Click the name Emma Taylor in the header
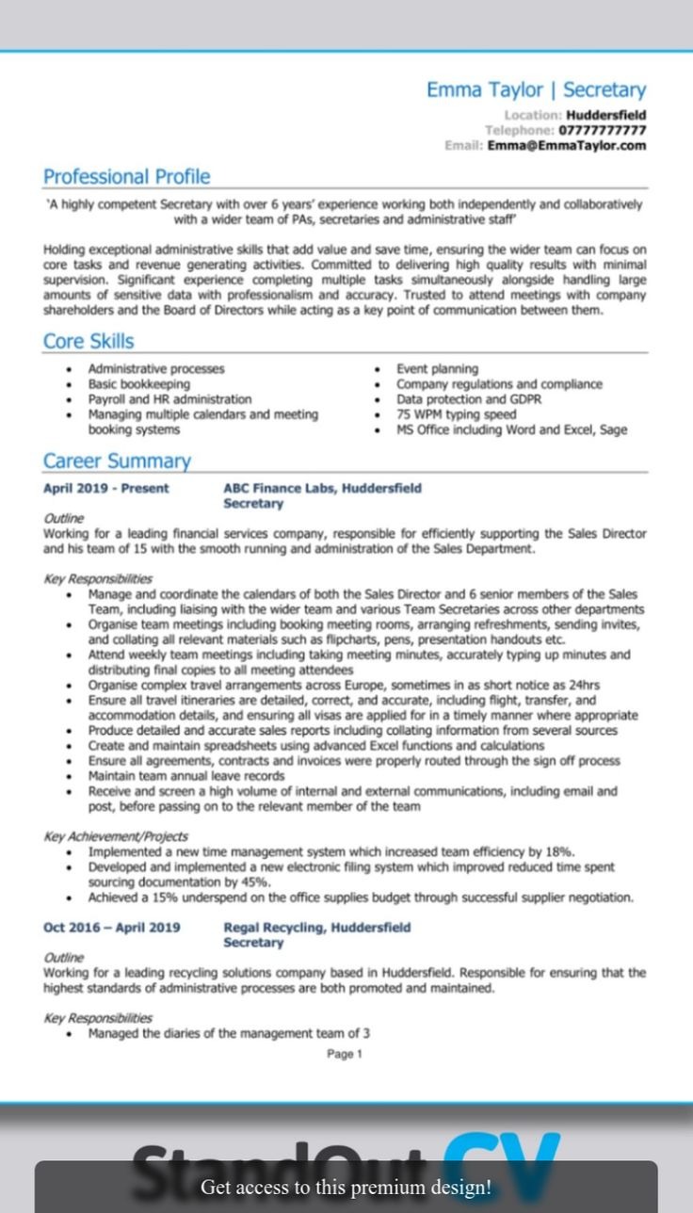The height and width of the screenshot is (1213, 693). click(x=484, y=90)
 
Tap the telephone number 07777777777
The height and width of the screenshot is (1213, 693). click(x=602, y=130)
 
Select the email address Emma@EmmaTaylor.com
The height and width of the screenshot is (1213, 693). click(x=567, y=146)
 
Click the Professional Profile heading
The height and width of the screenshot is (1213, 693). click(x=127, y=176)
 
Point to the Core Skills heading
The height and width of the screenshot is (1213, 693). click(x=89, y=341)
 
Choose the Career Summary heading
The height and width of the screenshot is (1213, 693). click(x=117, y=461)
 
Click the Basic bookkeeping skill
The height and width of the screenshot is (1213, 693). click(x=138, y=384)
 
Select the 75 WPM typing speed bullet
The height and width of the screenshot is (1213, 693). click(x=457, y=414)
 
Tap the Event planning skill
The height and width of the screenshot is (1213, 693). click(x=437, y=369)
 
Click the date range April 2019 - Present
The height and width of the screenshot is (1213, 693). click(x=106, y=488)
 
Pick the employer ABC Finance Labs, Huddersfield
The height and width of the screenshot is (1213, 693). click(x=322, y=488)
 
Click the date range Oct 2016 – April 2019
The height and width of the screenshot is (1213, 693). click(x=112, y=927)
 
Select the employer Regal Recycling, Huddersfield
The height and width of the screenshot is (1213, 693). click(x=316, y=927)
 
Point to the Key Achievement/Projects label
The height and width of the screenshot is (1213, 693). click(x=116, y=835)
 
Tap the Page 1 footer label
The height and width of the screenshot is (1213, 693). click(x=345, y=1054)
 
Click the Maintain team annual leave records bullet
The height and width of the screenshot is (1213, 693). click(x=186, y=776)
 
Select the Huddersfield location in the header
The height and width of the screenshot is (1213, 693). click(x=605, y=115)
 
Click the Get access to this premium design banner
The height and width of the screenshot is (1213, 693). click(x=346, y=1187)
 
